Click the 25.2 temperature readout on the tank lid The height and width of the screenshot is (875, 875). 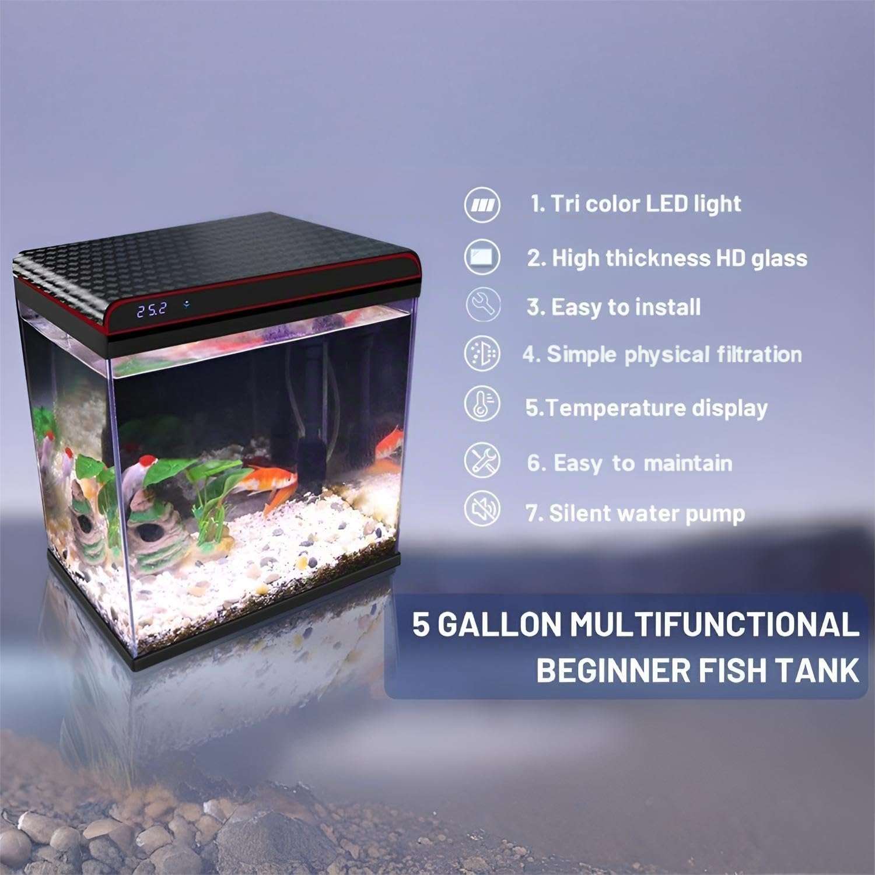(152, 309)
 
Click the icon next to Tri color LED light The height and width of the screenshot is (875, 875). (482, 205)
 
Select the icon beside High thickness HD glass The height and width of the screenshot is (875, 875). (482, 257)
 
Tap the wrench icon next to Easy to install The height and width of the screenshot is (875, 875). (482, 304)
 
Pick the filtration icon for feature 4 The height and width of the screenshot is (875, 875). (482, 353)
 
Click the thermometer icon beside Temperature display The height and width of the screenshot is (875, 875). (482, 404)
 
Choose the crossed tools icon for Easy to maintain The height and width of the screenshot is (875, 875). (482, 460)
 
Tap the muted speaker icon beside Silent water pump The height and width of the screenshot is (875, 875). (482, 509)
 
